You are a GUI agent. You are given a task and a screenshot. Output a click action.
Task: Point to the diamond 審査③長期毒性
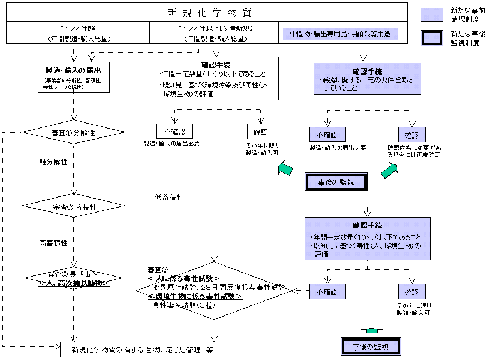pos(73,278)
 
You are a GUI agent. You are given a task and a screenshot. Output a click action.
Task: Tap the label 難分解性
pos(53,162)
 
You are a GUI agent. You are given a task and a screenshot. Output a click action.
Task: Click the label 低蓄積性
pos(170,197)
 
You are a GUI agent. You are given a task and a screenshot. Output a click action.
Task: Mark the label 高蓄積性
pos(53,243)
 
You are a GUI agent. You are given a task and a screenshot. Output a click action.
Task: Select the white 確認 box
pos(260,132)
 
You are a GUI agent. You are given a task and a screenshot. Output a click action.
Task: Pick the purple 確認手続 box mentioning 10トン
pos(367,238)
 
